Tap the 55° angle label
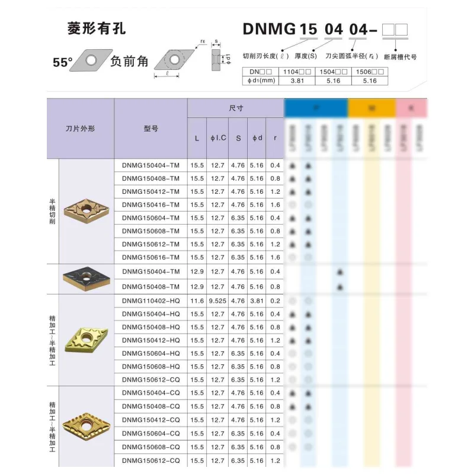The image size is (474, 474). point(62,62)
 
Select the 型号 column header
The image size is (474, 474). point(150,128)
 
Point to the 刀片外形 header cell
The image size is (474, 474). point(80,128)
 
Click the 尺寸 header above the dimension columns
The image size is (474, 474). point(236,108)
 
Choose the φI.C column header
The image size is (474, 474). point(218,138)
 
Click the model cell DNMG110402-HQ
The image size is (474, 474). point(150,301)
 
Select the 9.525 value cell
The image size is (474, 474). point(218,301)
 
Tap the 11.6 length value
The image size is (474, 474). point(197,301)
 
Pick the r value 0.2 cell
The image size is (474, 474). point(275,301)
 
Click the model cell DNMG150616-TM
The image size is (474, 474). point(150,257)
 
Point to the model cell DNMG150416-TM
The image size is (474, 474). point(150,204)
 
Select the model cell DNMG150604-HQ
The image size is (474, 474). point(150,353)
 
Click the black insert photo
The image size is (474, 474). point(87,279)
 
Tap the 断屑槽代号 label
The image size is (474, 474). point(401,57)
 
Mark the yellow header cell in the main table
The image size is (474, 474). point(371,108)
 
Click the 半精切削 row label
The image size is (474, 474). point(53,210)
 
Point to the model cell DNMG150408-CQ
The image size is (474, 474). point(150,406)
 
